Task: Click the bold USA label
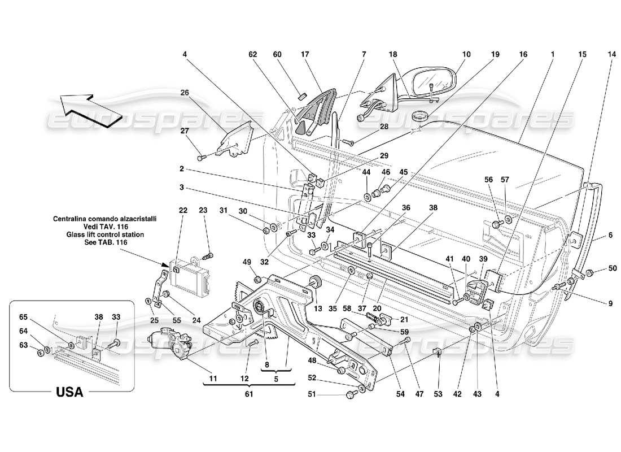[69, 392]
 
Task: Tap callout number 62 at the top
[253, 55]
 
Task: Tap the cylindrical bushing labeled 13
[316, 282]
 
